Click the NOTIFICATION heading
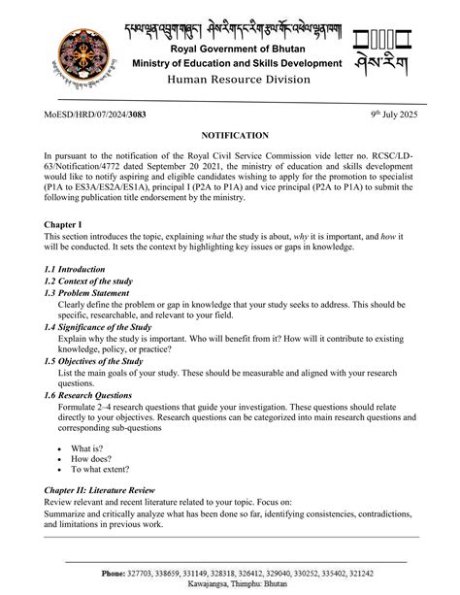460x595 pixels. tap(229, 136)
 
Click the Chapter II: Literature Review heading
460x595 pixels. tap(115, 490)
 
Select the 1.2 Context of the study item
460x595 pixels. tap(88, 281)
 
